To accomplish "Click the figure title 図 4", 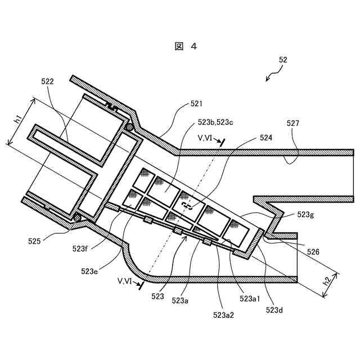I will click(x=186, y=47).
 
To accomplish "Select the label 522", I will click(x=47, y=82).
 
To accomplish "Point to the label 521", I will click(x=196, y=103).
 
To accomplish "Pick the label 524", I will click(x=266, y=137).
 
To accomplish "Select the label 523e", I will click(x=89, y=271).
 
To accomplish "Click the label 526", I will click(x=312, y=252).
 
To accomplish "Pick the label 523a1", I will click(x=249, y=299).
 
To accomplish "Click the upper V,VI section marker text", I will click(x=206, y=137).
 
